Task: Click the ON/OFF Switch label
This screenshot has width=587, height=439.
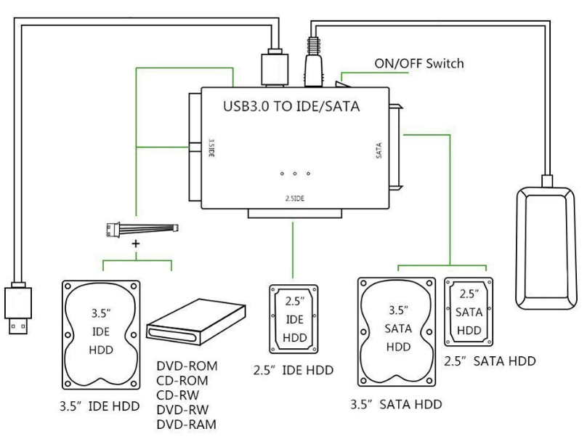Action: pyautogui.click(x=419, y=63)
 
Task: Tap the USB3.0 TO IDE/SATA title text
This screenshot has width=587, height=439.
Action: pyautogui.click(x=291, y=106)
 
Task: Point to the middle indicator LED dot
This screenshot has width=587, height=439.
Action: pyautogui.click(x=295, y=174)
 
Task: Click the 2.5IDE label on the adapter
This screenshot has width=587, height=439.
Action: pyautogui.click(x=295, y=198)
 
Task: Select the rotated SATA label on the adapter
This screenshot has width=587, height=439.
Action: pyautogui.click(x=378, y=150)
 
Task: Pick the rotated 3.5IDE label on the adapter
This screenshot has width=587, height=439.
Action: pyautogui.click(x=211, y=148)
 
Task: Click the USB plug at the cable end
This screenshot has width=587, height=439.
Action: pyautogui.click(x=18, y=308)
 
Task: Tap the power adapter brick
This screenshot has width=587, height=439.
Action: pyautogui.click(x=545, y=248)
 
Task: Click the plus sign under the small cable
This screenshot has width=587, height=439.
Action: pyautogui.click(x=136, y=243)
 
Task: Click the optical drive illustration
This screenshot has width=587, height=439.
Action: pyautogui.click(x=196, y=321)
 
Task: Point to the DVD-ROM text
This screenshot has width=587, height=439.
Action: pyautogui.click(x=187, y=366)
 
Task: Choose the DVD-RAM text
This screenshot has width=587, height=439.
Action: pyautogui.click(x=187, y=424)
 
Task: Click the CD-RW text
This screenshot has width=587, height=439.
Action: pyautogui.click(x=178, y=395)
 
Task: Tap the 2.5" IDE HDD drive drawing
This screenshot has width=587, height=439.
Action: pyautogui.click(x=294, y=319)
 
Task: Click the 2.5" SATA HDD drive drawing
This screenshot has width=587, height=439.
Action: pyautogui.click(x=469, y=312)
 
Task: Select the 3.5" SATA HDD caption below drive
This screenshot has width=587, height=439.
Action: pyautogui.click(x=396, y=405)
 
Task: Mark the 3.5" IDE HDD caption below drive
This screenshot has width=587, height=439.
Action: pyautogui.click(x=100, y=406)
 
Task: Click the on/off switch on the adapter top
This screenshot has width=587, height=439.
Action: pyautogui.click(x=342, y=84)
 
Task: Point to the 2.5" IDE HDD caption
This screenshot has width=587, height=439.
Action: pyautogui.click(x=293, y=370)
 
